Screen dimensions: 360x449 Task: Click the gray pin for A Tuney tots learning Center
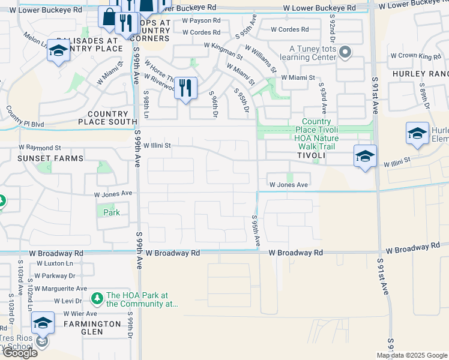(345, 53)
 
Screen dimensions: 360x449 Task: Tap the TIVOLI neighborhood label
(310, 155)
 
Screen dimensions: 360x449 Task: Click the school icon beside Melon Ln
(58, 52)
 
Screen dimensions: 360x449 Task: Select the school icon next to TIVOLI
(365, 157)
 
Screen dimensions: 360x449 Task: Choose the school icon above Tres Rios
(43, 323)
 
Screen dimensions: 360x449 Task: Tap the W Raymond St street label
(40, 147)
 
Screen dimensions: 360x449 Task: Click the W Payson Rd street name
(201, 20)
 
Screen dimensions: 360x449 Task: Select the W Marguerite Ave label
(60, 289)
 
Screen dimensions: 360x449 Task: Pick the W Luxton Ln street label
(55, 263)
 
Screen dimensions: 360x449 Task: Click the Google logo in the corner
(20, 352)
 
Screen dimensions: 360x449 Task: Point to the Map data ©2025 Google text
(411, 355)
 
